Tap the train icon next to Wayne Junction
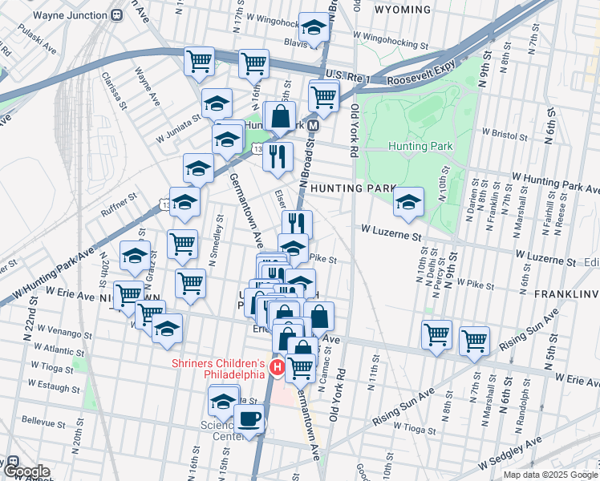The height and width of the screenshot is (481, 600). click(117, 14)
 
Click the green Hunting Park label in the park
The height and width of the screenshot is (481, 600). click(420, 146)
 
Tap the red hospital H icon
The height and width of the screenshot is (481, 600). click(277, 368)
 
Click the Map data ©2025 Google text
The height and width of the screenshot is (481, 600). click(550, 475)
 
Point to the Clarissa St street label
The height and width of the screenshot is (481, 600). click(114, 91)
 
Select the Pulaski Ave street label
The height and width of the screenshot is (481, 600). click(39, 47)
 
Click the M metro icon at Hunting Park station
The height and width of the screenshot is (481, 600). click(314, 126)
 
